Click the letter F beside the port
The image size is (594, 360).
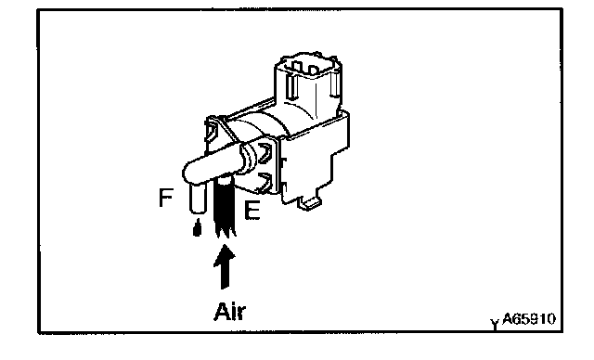click(x=166, y=198)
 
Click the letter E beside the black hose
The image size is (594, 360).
click(x=252, y=210)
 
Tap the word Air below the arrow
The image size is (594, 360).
click(x=230, y=312)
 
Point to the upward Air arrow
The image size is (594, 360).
click(x=225, y=266)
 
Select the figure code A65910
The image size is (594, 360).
click(x=529, y=319)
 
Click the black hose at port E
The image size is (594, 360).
click(x=225, y=206)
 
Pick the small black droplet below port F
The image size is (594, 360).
click(x=197, y=228)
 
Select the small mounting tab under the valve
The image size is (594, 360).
click(x=310, y=203)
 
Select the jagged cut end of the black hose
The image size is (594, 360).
click(x=226, y=233)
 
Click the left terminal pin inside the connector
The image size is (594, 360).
click(x=297, y=68)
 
